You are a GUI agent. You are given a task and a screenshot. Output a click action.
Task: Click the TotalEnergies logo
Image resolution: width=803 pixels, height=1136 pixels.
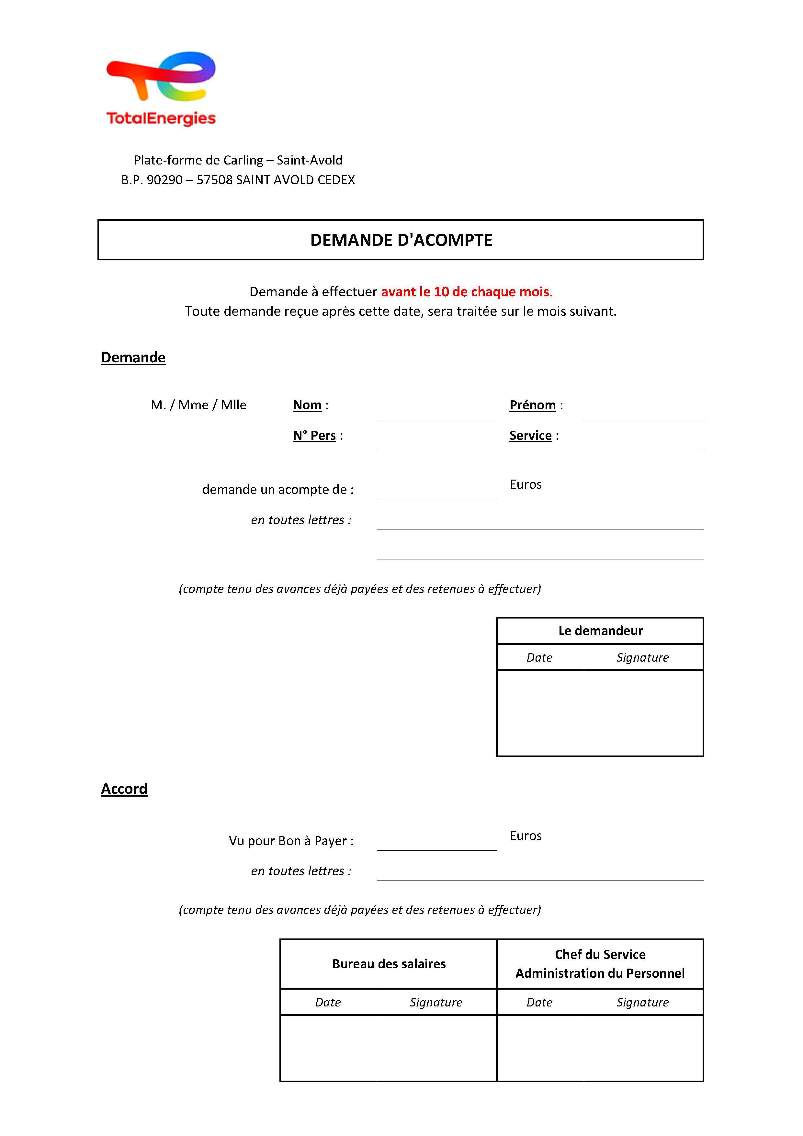point(161,88)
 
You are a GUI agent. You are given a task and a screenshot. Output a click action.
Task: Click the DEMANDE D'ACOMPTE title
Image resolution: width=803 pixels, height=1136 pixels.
point(401,240)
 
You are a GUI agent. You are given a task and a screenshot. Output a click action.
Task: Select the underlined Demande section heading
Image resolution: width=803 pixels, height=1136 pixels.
point(133,357)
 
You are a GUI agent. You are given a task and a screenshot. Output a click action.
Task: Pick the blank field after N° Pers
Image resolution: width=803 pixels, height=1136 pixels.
point(436,442)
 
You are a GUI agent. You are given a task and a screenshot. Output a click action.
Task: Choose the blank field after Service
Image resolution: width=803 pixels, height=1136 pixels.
point(643,442)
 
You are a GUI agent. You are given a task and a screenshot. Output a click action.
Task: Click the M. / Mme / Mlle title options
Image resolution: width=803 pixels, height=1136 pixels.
point(198,405)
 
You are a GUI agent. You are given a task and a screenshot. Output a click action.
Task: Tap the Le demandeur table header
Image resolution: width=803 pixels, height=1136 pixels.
point(600,631)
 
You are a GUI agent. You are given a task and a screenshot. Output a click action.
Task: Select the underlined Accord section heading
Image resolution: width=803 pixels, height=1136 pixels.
point(124,789)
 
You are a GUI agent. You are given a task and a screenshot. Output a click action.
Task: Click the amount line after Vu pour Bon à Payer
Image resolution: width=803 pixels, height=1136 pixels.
point(436,842)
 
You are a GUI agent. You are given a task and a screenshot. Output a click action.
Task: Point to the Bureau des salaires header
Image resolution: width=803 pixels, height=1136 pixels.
point(389,964)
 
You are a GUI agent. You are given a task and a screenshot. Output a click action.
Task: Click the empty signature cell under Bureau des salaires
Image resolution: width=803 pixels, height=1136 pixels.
point(436,1048)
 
